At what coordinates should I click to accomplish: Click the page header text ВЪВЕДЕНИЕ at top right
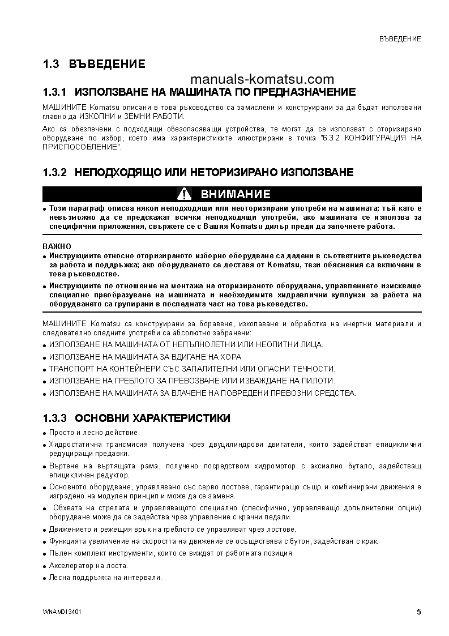[400, 39]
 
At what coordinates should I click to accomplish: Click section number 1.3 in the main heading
[51, 65]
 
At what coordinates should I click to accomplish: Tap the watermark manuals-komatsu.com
[263, 79]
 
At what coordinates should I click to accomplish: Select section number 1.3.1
[55, 92]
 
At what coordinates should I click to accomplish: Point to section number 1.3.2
[55, 172]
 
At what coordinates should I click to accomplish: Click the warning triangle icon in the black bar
[185, 194]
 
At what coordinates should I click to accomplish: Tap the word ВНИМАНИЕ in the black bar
[236, 194]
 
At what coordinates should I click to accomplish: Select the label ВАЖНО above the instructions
[57, 246]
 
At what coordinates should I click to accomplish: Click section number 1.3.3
[55, 419]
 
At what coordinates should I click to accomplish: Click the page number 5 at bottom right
[418, 612]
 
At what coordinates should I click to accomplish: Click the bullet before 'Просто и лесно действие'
[45, 433]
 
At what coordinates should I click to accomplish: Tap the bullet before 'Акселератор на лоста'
[45, 566]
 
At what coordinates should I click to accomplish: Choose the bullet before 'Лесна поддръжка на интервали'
[45, 578]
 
